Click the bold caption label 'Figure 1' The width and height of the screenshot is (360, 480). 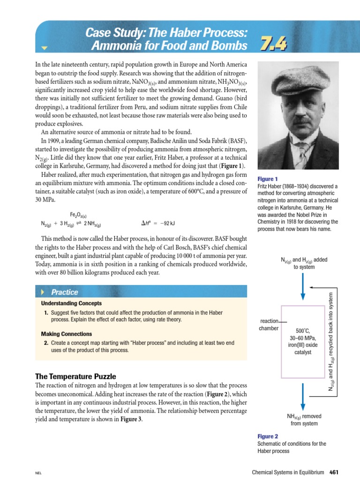[x=268, y=179]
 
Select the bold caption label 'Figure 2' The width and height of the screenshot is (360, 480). [x=268, y=436]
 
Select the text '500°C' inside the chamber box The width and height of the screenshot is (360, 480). [x=303, y=330]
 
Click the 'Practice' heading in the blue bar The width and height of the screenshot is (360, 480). [x=65, y=292]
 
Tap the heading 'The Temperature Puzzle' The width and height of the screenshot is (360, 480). [x=75, y=376]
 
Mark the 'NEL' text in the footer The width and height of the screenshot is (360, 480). [x=38, y=473]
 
